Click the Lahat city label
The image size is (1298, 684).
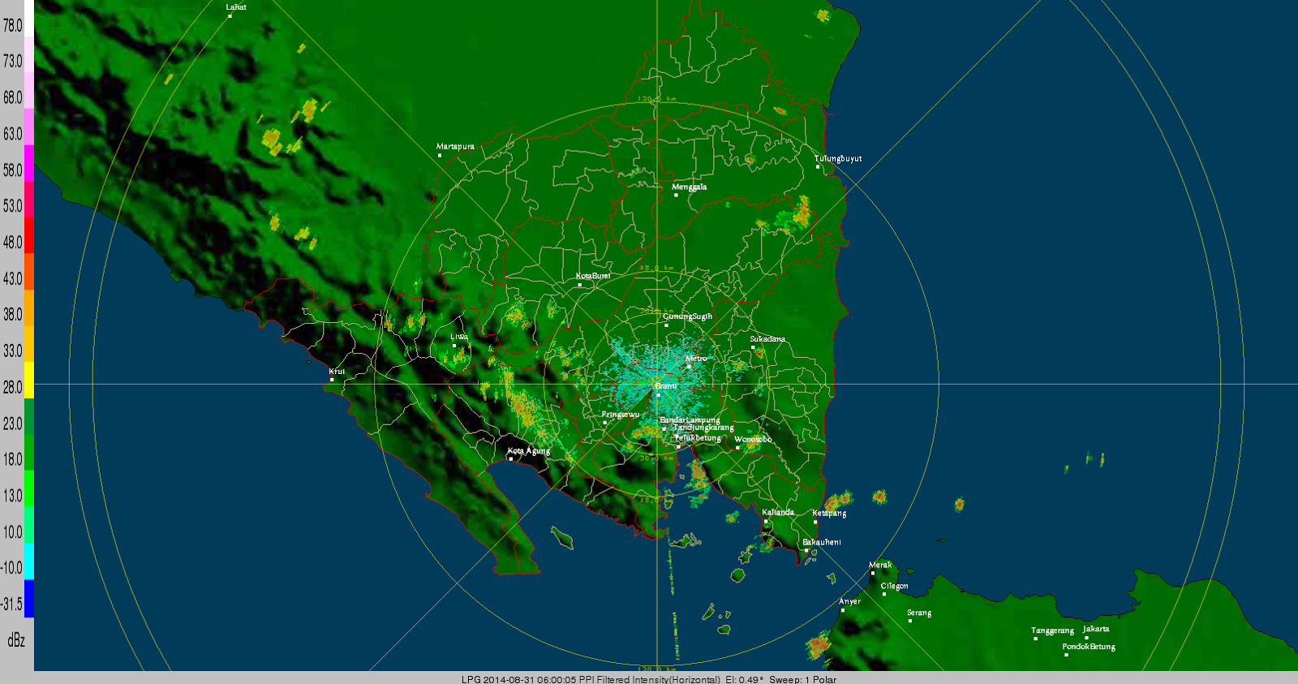coord(236,7)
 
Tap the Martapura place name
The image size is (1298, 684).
coord(455,147)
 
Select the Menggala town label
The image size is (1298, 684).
coord(689,187)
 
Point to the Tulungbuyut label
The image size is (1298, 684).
coord(838,158)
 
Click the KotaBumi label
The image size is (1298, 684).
coord(593,276)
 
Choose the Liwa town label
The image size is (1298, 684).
coord(459,336)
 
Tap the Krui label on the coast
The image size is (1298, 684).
coord(337,372)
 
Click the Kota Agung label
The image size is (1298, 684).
coord(529,450)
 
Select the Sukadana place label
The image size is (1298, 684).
coord(767,338)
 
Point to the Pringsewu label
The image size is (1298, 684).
coord(621,414)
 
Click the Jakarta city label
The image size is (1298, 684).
coord(1096,629)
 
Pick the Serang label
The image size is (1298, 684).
coord(919,613)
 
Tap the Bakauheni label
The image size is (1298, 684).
coord(822,542)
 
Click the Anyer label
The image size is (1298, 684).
coord(849,601)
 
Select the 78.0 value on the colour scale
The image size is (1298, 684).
coord(13,25)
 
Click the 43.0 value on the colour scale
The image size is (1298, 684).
coord(13,278)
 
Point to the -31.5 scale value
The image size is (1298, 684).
coord(12,604)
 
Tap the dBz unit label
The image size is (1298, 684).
coord(16,640)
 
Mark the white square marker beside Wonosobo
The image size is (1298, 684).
coord(737,448)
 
